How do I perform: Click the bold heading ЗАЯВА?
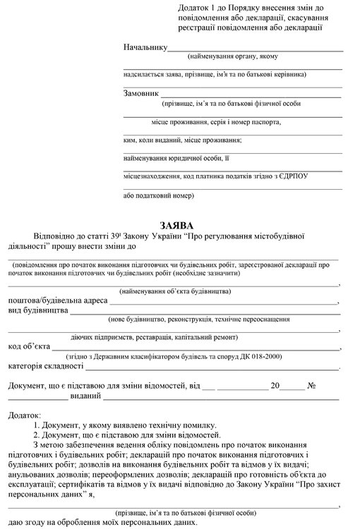(x=180, y=224)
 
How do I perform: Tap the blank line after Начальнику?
(x=255, y=51)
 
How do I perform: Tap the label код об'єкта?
(x=29, y=346)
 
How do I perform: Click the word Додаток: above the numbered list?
(x=25, y=418)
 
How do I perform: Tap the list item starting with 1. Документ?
(x=124, y=427)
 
